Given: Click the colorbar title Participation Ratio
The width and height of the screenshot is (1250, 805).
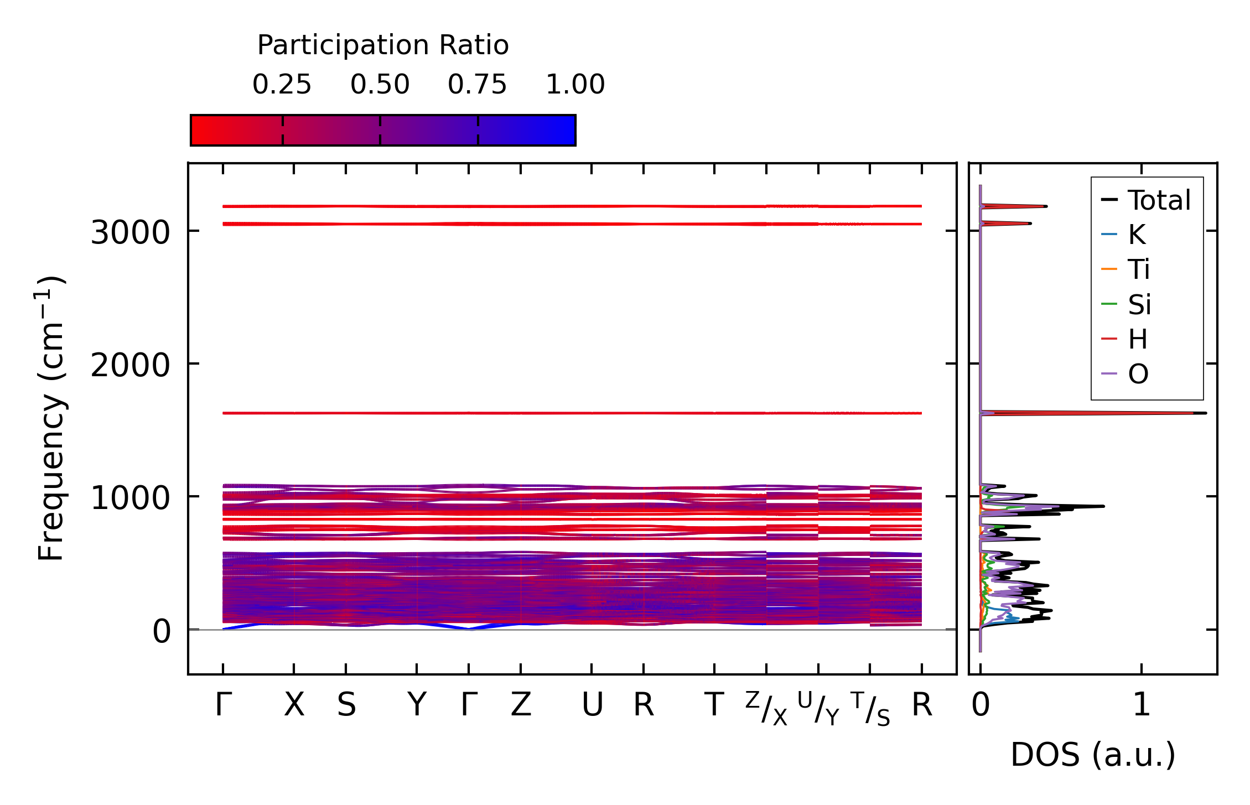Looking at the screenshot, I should (x=382, y=45).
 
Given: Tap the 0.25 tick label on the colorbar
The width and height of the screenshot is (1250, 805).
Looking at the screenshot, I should (x=282, y=85).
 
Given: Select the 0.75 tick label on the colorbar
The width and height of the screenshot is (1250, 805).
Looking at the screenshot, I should (x=477, y=85).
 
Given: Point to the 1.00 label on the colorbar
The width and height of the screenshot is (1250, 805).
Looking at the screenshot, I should (x=575, y=85).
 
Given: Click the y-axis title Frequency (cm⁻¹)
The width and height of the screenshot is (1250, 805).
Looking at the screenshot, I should (x=51, y=418).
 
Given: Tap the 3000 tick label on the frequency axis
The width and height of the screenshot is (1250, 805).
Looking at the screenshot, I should (x=130, y=232).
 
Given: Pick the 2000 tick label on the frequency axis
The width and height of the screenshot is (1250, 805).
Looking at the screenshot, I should (x=130, y=365).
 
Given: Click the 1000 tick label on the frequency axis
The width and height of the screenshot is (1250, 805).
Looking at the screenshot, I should (x=130, y=498).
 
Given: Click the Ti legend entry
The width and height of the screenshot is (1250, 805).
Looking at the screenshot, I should (x=1139, y=269).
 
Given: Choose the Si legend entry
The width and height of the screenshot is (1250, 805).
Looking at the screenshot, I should (x=1139, y=304).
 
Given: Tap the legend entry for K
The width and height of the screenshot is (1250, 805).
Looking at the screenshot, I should (x=1137, y=235).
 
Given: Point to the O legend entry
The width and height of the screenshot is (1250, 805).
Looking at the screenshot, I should (x=1138, y=374).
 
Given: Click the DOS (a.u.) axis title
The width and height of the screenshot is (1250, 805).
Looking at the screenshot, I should (x=1093, y=755).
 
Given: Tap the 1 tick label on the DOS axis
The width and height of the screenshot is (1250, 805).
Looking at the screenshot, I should (x=1142, y=705).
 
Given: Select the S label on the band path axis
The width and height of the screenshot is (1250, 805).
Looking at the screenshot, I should (x=346, y=705).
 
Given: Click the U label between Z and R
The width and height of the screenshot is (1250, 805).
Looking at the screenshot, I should (x=592, y=705).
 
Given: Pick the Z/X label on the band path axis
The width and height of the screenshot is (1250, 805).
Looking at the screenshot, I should (x=766, y=708).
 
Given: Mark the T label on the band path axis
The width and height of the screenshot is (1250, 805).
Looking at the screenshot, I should (x=714, y=705).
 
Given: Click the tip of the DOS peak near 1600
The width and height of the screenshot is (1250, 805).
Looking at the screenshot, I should (x=1205, y=413).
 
